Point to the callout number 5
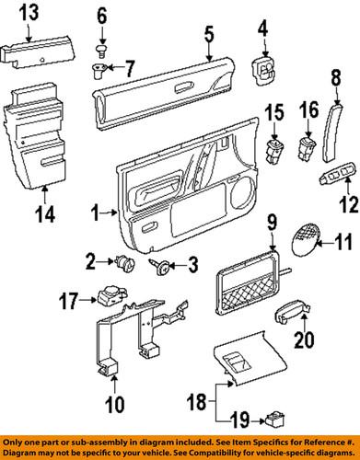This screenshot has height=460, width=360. [209, 36]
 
